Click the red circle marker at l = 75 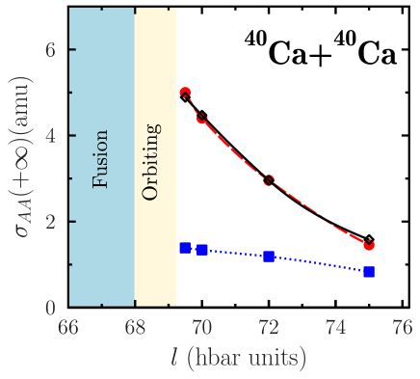tap(369, 245)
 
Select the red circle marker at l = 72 tap(269, 180)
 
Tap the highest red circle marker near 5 tap(185, 93)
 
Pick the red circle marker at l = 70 tap(201, 118)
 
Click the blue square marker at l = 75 tap(369, 272)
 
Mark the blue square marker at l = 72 tap(269, 257)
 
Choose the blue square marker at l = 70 tap(201, 250)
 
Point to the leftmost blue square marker tap(185, 248)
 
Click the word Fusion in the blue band tap(101, 158)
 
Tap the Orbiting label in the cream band tap(150, 161)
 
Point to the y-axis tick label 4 tap(51, 136)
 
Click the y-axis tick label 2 tap(51, 222)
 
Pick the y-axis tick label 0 tap(51, 308)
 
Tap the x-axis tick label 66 tap(68, 327)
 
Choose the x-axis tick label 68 tap(135, 327)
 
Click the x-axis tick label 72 tap(269, 327)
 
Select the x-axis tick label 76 tap(402, 327)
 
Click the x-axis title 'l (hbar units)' tap(236, 359)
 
